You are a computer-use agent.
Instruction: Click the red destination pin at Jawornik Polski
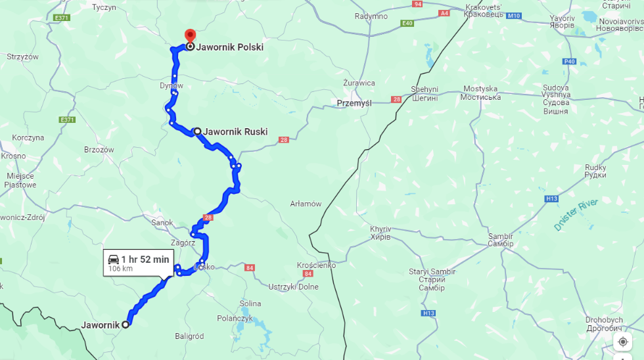[189, 35]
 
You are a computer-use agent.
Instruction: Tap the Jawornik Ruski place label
[235, 131]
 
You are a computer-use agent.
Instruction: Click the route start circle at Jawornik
[126, 324]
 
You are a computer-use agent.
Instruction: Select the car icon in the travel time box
[114, 259]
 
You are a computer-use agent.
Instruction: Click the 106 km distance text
[120, 269]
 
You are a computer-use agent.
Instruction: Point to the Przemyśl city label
[354, 103]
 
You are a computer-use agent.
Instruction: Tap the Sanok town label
[162, 223]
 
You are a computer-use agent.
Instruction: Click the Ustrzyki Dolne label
[293, 286]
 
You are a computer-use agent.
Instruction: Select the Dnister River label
[576, 215]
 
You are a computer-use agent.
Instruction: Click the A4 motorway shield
[445, 12]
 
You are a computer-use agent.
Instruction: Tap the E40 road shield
[407, 23]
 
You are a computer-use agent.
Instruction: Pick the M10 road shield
[513, 15]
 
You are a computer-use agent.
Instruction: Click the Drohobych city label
[604, 324]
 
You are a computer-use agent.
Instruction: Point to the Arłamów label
[306, 204]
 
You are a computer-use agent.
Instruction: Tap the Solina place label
[250, 304]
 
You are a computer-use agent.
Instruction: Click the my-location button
[622, 342]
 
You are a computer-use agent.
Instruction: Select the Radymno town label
[371, 16]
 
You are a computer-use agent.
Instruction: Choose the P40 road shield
[569, 62]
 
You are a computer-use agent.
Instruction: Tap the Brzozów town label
[99, 149]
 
